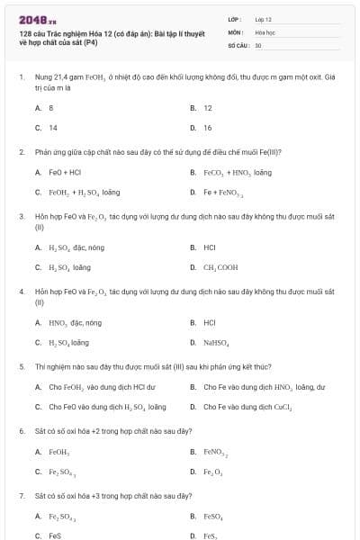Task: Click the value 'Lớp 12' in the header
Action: [x=263, y=18]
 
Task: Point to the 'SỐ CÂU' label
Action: [x=238, y=44]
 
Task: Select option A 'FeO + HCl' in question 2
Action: [x=65, y=172]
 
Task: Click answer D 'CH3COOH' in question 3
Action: [x=220, y=267]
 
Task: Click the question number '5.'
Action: [x=22, y=367]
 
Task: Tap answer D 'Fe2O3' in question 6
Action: [x=213, y=472]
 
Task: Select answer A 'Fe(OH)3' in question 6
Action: [x=59, y=452]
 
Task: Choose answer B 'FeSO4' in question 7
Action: [x=213, y=517]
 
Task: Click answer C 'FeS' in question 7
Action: [x=55, y=535]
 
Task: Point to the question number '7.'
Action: [x=22, y=496]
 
